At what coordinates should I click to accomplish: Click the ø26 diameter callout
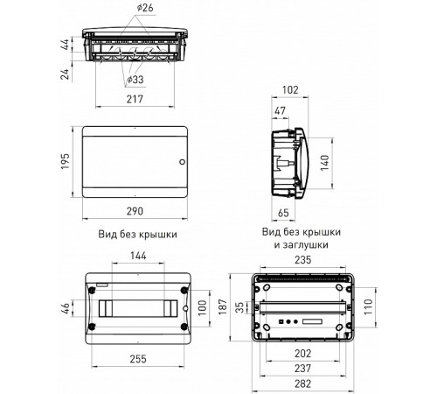tap(145, 8)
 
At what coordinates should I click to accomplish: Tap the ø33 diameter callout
tap(135, 80)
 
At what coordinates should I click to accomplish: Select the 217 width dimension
tap(135, 99)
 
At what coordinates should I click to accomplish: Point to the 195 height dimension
tap(65, 161)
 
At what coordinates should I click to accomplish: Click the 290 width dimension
tap(135, 211)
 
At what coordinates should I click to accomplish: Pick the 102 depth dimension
tap(290, 90)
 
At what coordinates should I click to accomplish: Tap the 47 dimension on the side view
tap(280, 111)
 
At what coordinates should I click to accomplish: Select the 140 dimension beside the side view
tap(324, 163)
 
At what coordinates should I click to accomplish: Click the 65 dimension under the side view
tap(283, 213)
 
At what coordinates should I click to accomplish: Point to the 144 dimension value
tap(138, 256)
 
